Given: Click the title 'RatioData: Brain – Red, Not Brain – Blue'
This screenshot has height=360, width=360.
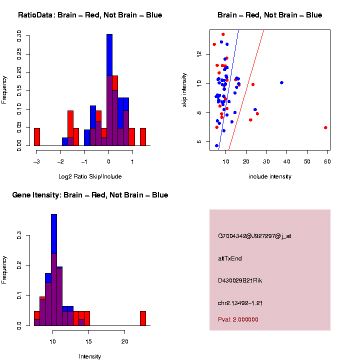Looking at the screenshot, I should (x=90, y=15).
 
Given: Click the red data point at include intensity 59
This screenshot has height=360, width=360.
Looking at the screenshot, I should (x=325, y=127).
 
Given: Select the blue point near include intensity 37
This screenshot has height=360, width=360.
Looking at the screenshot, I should (x=281, y=82).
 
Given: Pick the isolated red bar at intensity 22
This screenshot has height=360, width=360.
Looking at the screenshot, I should (x=143, y=318).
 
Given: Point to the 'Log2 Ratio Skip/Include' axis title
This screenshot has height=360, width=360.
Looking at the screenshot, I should (x=90, y=176).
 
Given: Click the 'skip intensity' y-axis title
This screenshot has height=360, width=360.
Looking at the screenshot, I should (x=184, y=89).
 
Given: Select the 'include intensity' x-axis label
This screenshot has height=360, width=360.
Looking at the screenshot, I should (x=270, y=176).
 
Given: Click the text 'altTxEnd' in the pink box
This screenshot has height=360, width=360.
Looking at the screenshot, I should (x=230, y=258).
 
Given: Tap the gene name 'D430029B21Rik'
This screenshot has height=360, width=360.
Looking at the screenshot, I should (x=240, y=280).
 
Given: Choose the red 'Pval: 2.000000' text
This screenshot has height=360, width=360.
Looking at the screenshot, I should (x=238, y=319).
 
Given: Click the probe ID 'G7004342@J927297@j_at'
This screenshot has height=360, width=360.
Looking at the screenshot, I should (x=254, y=236).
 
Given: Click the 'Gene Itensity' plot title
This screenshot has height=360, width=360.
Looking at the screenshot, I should (x=90, y=195).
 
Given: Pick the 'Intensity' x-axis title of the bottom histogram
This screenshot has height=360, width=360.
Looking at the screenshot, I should (x=90, y=356).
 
